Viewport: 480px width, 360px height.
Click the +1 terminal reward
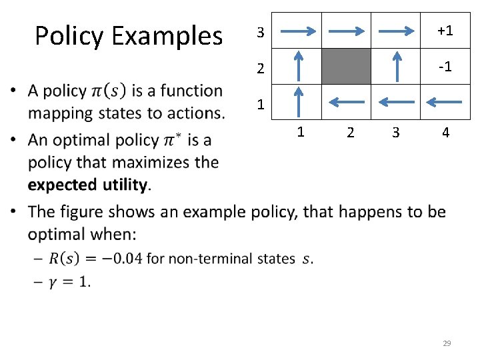(x=445, y=31)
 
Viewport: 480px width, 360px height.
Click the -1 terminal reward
(x=445, y=67)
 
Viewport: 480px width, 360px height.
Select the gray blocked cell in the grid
(x=347, y=66)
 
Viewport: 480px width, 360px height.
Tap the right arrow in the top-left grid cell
(x=298, y=31)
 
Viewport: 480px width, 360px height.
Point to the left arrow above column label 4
(x=444, y=102)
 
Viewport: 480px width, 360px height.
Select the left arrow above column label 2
(x=347, y=102)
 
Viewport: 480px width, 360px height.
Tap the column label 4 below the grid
(x=445, y=133)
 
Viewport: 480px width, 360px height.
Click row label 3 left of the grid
(x=261, y=32)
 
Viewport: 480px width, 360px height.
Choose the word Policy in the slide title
(x=70, y=36)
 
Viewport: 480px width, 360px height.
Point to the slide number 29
(x=447, y=343)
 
